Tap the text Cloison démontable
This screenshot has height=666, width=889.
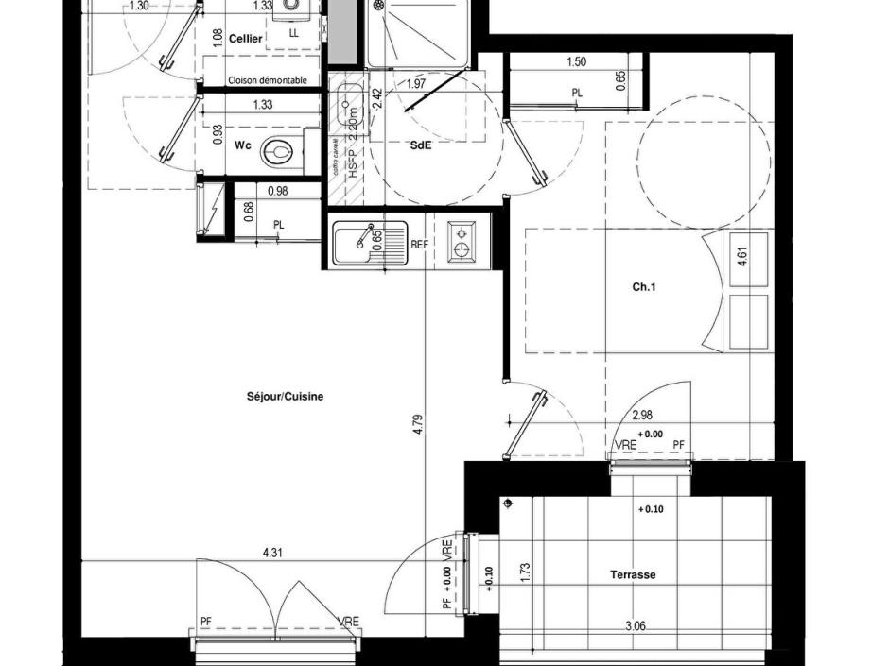[x=268, y=81]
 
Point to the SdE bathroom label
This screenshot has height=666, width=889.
[x=419, y=145]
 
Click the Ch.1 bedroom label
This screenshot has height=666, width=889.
[x=644, y=287]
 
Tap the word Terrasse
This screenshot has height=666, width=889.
[x=633, y=574]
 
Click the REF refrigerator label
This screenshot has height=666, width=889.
[x=420, y=244]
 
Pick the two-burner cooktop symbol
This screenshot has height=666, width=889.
[x=461, y=242]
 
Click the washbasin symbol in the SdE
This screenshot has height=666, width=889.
[x=346, y=103]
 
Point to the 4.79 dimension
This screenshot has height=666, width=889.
[x=417, y=424]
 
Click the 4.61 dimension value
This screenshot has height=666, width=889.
[x=742, y=258]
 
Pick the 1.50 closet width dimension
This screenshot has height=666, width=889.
[x=576, y=62]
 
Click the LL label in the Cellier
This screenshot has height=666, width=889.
[x=293, y=33]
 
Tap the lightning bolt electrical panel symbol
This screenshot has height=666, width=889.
[x=215, y=208]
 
